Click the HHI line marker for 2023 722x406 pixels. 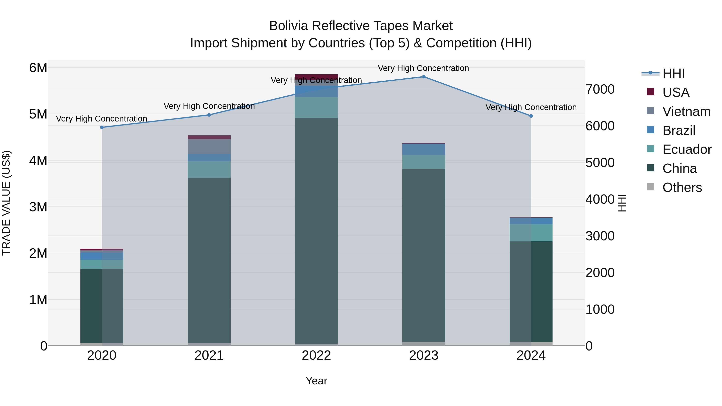coord(424,77)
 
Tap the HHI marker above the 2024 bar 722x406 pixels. coord(531,116)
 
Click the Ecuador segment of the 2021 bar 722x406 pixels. coord(209,169)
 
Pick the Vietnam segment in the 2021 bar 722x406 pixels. coord(209,146)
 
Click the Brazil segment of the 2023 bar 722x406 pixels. coord(424,149)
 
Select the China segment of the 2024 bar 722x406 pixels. coord(531,291)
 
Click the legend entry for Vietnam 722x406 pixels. coord(686,111)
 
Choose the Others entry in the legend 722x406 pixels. coord(682,187)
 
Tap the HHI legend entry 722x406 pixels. coord(673,73)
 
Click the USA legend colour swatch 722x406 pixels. coord(650,92)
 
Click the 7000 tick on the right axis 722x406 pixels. coord(600,89)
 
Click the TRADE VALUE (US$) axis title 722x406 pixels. coord(6,203)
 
